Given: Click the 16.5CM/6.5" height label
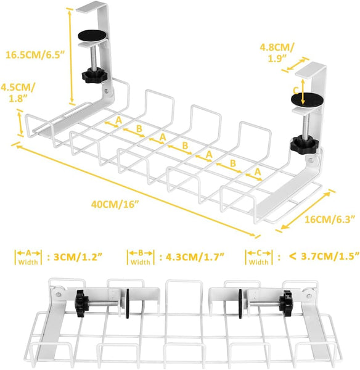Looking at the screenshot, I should point(35,55).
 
